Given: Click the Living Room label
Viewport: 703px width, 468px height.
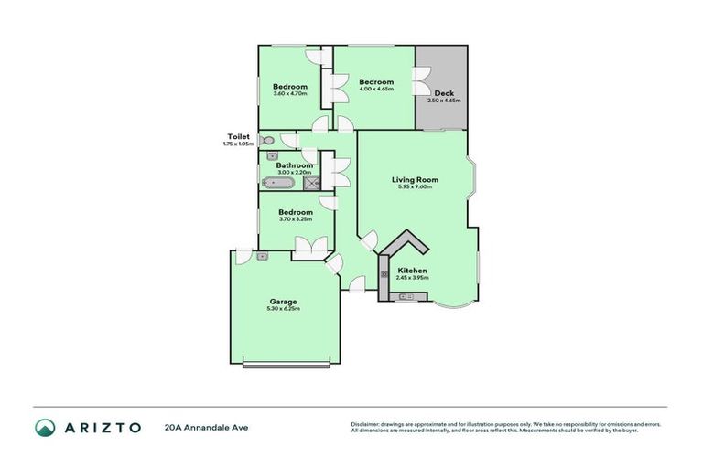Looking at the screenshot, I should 415,180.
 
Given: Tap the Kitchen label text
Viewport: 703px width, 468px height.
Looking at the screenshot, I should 412,271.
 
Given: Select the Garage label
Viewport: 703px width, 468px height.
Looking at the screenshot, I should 283,301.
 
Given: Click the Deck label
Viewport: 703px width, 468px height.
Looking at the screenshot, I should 444,93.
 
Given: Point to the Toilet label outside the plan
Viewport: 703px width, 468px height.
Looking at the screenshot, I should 238,136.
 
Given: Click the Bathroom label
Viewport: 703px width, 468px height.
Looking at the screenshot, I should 295,165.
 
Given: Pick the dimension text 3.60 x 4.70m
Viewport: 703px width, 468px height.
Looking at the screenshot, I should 289,94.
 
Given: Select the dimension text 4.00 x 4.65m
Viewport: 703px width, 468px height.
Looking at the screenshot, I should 376,90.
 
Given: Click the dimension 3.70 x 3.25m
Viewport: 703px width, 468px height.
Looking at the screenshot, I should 295,219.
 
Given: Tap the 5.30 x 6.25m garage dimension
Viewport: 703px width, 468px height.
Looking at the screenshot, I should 284,309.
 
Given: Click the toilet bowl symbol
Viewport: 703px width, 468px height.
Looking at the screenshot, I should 266,141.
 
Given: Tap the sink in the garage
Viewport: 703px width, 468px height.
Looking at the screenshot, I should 262,257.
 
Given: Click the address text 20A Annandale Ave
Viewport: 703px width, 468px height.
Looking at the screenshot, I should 206,427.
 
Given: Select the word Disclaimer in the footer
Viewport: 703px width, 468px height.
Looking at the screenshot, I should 365,424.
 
